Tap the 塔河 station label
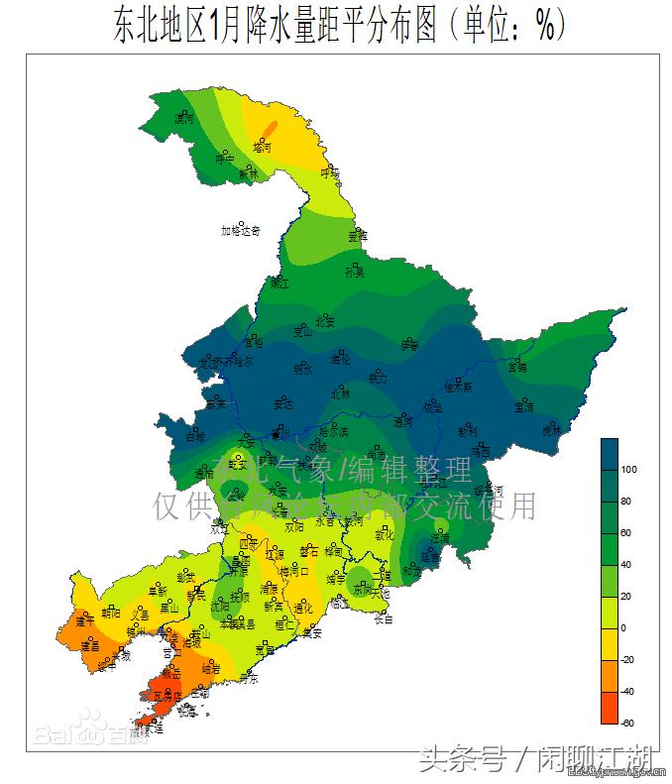263,145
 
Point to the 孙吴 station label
354,271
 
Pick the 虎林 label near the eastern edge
550,430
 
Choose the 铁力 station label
378,378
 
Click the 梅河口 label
294,572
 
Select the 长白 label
383,619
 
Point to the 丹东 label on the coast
247,679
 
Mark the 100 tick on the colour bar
628,469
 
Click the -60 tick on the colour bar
628,723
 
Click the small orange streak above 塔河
269,128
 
